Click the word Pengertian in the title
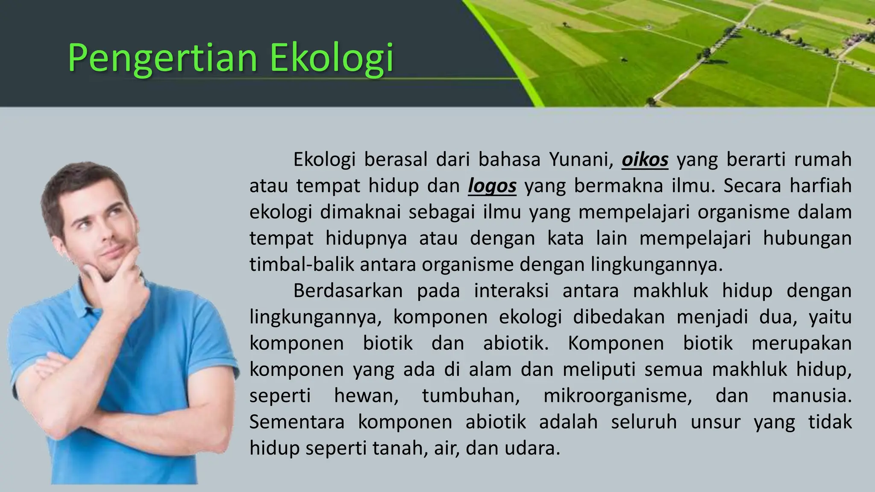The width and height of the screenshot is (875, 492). pyautogui.click(x=162, y=59)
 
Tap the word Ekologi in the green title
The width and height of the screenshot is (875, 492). pyautogui.click(x=331, y=59)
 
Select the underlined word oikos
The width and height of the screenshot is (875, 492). pyautogui.click(x=645, y=160)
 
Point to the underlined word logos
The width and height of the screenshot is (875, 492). pyautogui.click(x=492, y=186)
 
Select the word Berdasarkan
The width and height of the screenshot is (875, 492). pyautogui.click(x=348, y=291)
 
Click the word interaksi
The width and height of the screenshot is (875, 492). pyautogui.click(x=511, y=291)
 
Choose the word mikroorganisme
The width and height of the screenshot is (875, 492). pyautogui.click(x=617, y=396)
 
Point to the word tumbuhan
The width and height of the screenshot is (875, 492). pyautogui.click(x=471, y=396)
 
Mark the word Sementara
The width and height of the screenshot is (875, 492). pyautogui.click(x=297, y=422)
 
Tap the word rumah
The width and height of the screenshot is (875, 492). pyautogui.click(x=823, y=160)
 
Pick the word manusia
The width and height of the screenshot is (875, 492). pyautogui.click(x=811, y=396)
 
